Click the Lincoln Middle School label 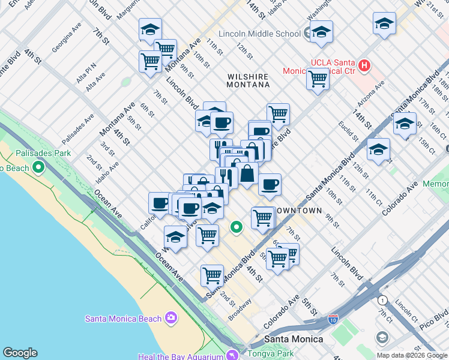259,34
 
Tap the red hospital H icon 364,64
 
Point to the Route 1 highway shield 382,299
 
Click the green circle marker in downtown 237,227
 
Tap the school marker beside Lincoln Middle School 322,31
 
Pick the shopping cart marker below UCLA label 318,79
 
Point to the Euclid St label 347,128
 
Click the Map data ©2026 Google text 412,355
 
